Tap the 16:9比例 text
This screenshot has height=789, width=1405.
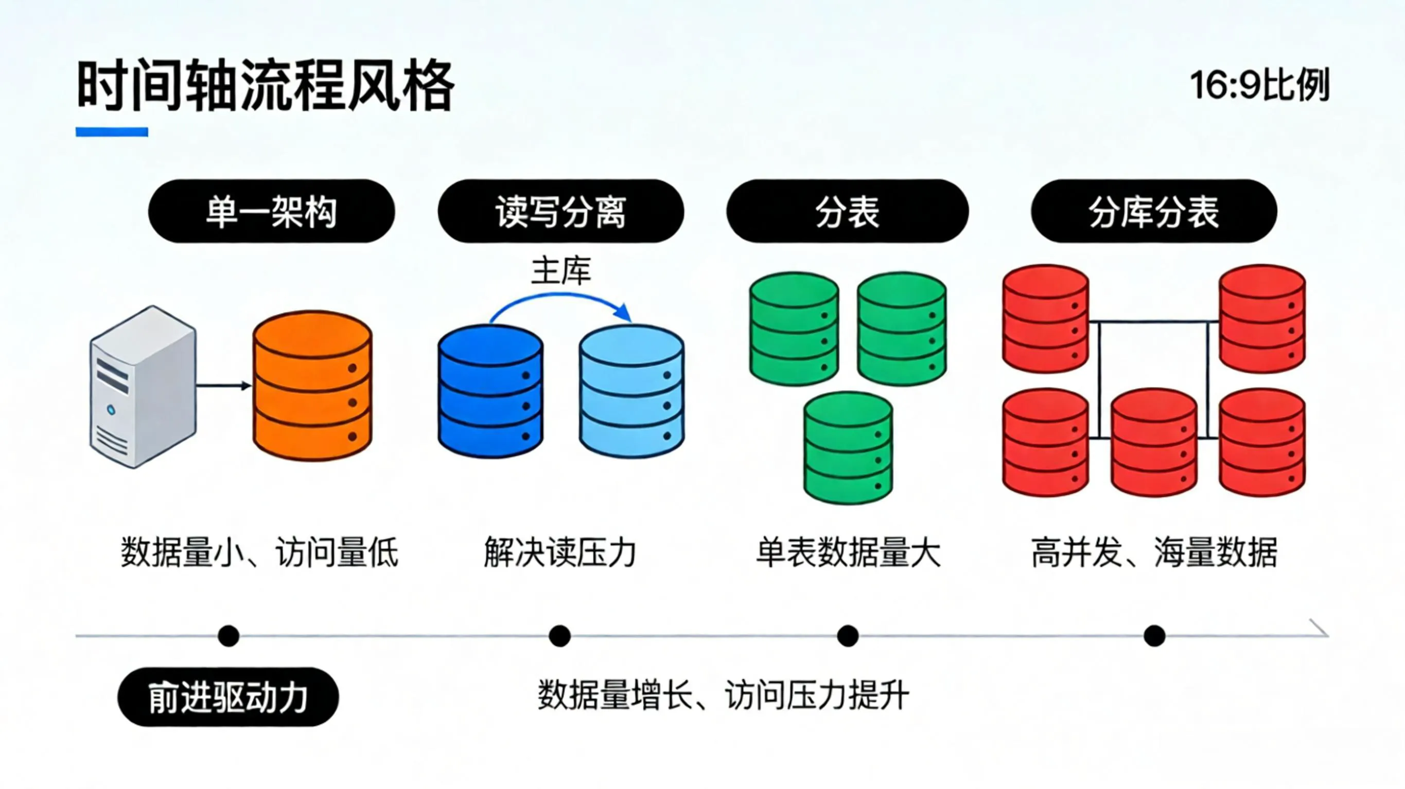pos(1259,85)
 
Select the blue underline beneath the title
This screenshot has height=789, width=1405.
pos(112,132)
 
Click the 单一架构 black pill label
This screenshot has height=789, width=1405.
pos(271,211)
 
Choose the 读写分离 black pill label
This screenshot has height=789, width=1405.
pos(560,211)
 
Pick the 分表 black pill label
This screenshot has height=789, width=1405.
pos(847,211)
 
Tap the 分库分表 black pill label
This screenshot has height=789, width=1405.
pos(1153,211)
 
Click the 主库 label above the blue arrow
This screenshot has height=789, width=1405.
pos(560,271)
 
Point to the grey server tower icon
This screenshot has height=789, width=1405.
pos(143,387)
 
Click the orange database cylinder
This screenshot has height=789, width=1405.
pos(312,386)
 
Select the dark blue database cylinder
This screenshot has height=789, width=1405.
pos(490,391)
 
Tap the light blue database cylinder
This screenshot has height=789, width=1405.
pos(631,391)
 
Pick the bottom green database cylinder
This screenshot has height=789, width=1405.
pos(848,448)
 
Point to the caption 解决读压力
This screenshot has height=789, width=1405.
pos(560,553)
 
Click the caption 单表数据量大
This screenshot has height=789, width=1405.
pos(848,553)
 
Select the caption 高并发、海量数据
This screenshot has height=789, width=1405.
pos(1153,553)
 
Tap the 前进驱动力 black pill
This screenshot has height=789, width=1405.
pos(228,697)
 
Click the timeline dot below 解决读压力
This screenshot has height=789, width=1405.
pos(559,636)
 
